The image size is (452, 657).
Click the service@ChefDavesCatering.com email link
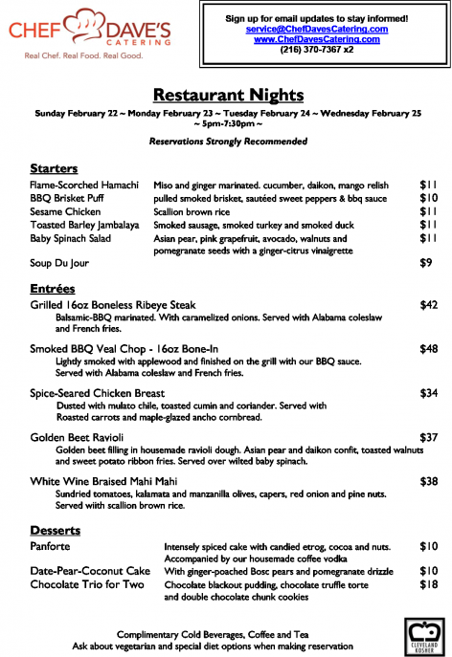pos(316,29)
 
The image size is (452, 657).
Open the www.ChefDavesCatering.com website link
pos(316,39)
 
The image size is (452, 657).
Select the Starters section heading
pos(54,167)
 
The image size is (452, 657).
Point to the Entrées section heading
pos(52,287)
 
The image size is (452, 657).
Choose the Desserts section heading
pos(55,529)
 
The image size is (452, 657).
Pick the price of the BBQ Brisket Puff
pos(428,198)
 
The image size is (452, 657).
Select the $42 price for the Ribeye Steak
pos(428,305)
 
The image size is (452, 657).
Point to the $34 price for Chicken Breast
pos(428,393)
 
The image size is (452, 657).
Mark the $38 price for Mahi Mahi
pos(428,481)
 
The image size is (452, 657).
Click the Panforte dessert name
pos(53,546)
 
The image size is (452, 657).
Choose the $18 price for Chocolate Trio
pos(428,583)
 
